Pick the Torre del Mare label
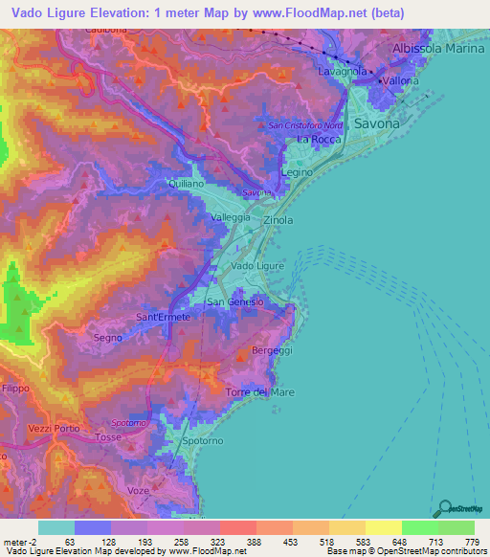260,393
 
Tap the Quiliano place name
186,183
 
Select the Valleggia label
231,218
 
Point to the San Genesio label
235,302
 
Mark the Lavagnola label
341,71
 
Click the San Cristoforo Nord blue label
304,125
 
